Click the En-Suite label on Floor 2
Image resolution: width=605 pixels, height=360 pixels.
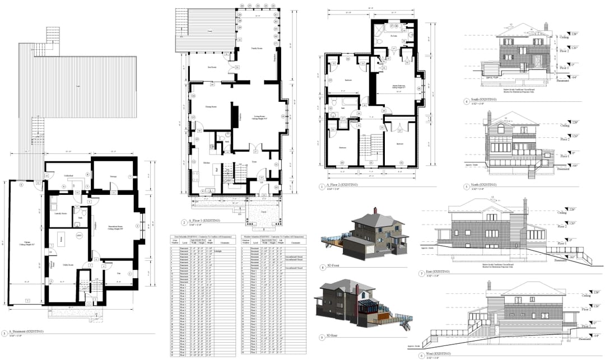[394, 36]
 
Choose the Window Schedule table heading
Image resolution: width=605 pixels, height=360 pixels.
[273, 237]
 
